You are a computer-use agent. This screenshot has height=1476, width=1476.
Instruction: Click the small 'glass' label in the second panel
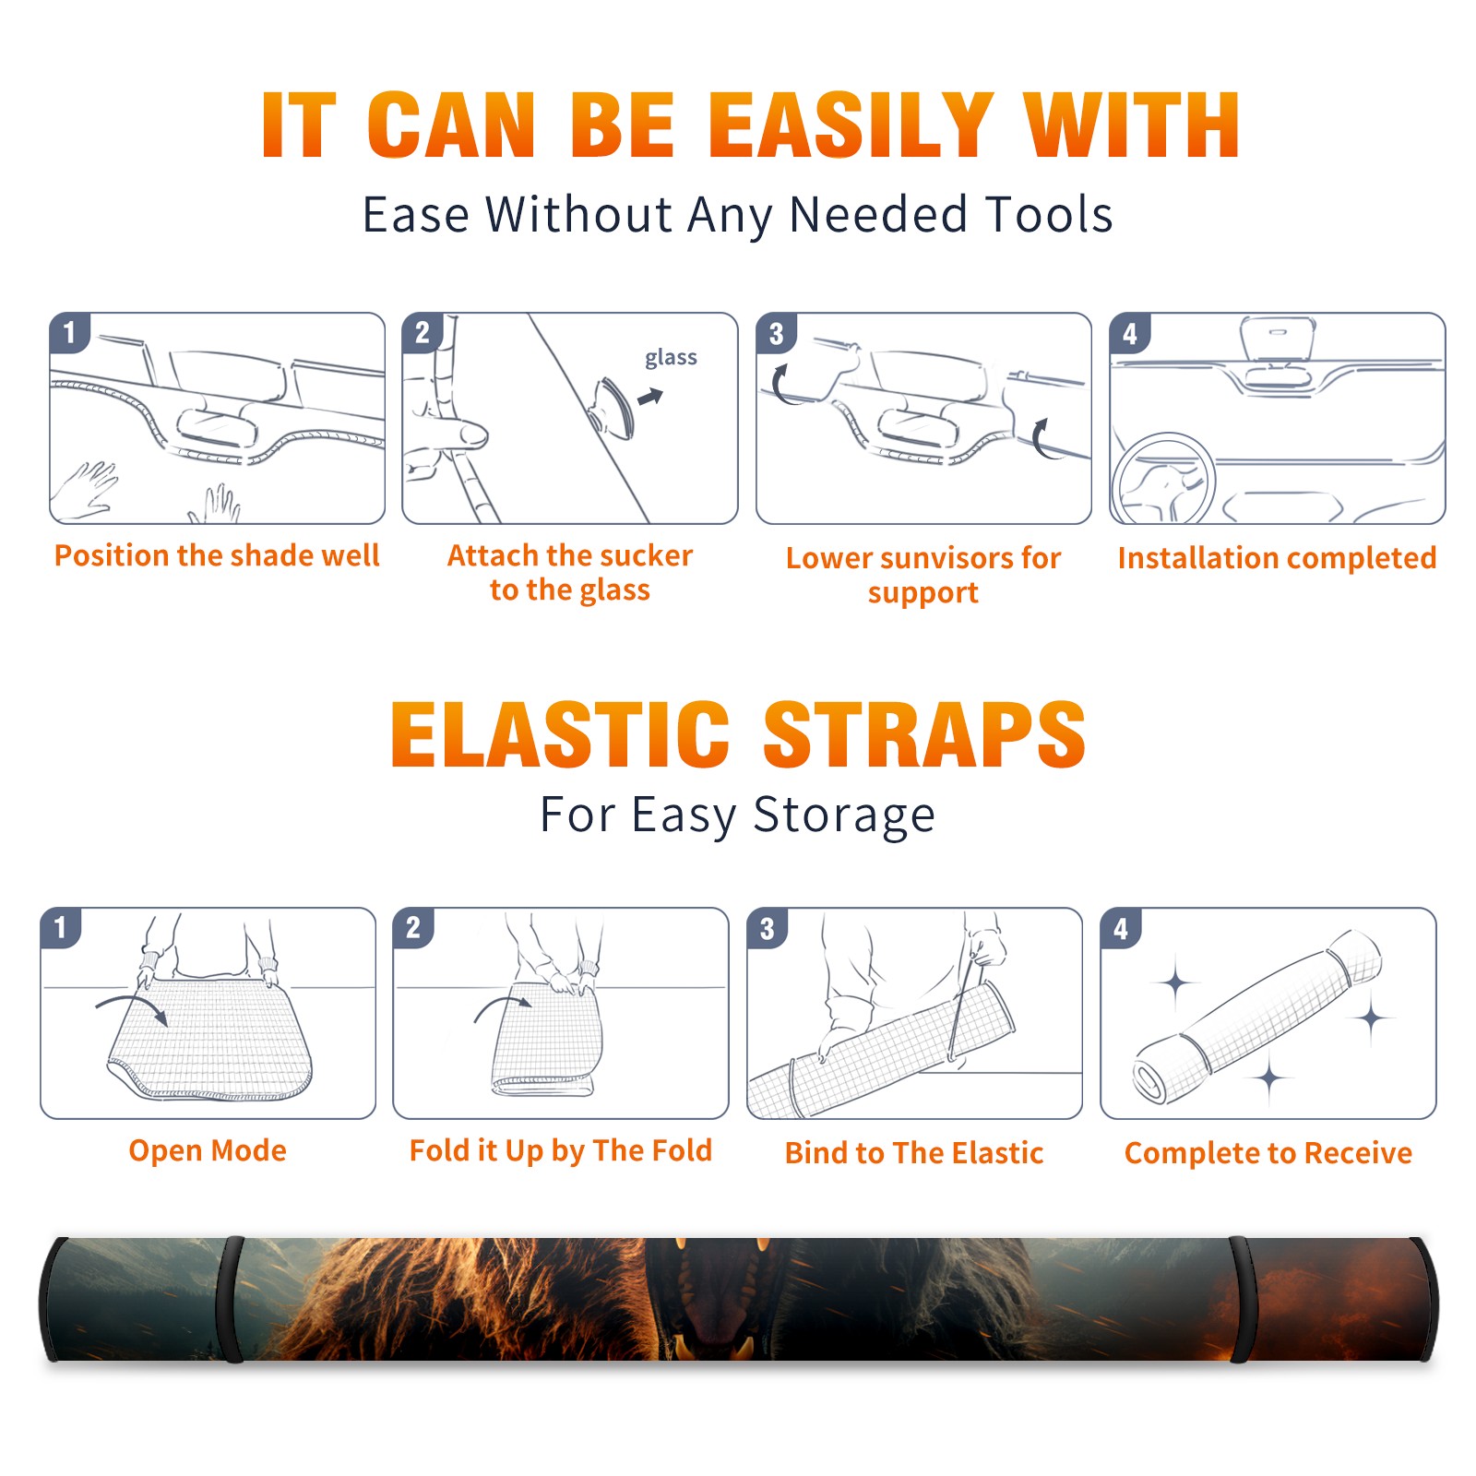671,358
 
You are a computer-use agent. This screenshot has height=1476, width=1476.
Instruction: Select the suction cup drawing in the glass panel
613,408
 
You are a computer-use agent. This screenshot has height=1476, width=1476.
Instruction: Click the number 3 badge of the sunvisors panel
776,333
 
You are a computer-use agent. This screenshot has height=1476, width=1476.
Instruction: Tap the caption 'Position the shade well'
217,555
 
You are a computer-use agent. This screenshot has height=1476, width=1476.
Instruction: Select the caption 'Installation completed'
1277,558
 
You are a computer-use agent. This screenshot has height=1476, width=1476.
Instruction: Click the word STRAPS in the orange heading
924,734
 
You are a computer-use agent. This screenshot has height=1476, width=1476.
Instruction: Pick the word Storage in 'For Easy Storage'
844,815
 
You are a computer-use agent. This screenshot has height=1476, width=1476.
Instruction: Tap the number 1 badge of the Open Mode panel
61,928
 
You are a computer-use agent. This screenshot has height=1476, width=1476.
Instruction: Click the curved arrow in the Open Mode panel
132,1006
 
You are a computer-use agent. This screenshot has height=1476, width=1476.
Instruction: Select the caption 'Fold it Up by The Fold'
561,1150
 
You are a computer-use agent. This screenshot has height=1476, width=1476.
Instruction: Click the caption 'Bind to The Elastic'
914,1153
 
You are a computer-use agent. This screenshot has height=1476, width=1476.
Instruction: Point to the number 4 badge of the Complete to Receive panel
1121,928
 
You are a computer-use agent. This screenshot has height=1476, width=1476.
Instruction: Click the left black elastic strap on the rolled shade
231,1299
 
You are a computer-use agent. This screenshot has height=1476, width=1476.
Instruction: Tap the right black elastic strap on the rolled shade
1242,1299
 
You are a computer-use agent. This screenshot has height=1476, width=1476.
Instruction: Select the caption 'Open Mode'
208,1150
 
